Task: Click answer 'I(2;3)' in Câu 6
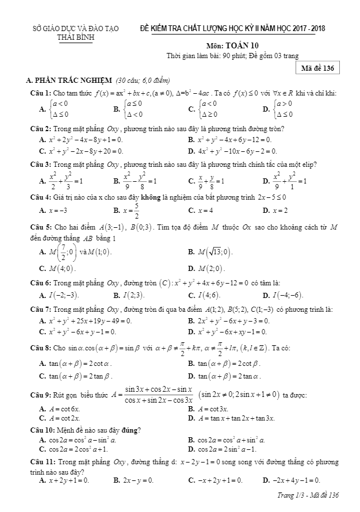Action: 132,296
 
